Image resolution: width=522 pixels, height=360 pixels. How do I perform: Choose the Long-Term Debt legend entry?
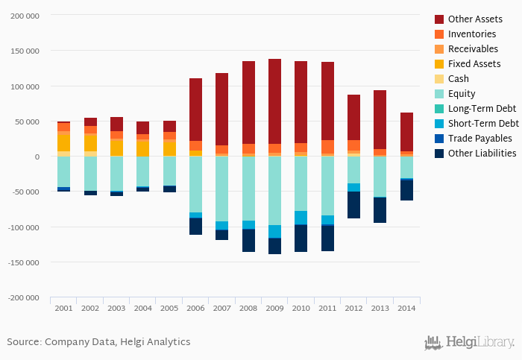click(x=482, y=108)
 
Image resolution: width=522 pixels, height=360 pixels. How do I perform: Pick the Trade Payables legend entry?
click(x=479, y=138)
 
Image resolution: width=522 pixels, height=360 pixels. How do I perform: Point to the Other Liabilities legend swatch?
click(x=439, y=153)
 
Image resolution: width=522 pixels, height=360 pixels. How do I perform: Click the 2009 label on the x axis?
click(x=274, y=308)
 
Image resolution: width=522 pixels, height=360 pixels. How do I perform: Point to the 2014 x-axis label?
click(x=406, y=308)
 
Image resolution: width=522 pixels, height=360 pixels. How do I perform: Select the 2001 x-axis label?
click(x=63, y=308)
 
